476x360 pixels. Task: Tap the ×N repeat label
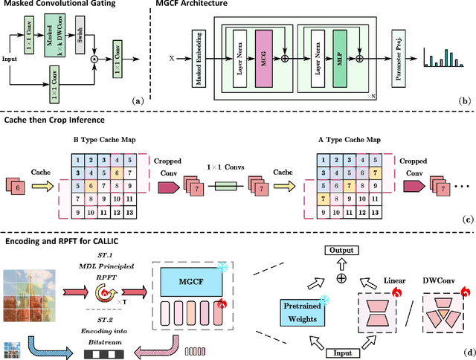tap(370, 96)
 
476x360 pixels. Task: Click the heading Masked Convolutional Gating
tap(58, 7)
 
